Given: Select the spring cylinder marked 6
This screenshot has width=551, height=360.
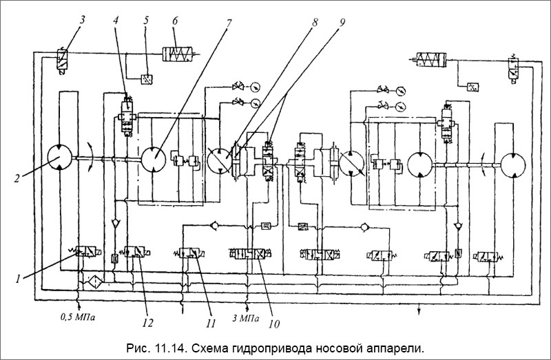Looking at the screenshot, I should [x=180, y=53].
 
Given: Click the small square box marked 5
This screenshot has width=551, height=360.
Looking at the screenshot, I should [x=147, y=76].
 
